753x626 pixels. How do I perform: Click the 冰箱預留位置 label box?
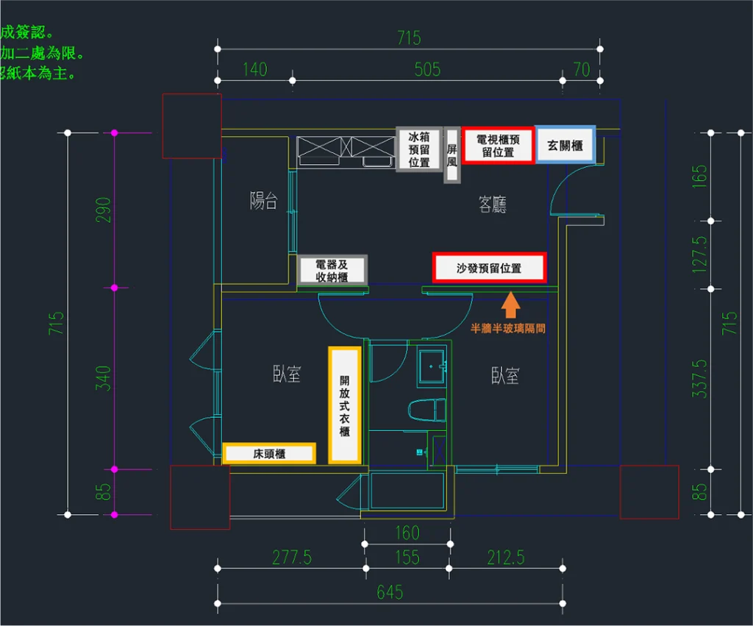419,149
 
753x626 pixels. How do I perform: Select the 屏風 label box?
452,154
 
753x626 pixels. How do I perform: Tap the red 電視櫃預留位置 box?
498,145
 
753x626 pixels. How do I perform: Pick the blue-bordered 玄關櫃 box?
564,145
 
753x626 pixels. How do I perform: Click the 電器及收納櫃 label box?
332,270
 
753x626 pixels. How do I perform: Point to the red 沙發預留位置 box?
489,268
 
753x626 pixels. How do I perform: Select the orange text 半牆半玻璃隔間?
508,329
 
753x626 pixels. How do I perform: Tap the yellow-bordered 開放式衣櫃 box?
344,405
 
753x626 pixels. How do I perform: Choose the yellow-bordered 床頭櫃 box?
269,454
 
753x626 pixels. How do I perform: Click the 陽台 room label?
263,201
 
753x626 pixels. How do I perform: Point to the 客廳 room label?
493,204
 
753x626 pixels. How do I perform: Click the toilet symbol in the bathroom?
427,410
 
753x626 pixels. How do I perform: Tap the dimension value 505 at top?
427,70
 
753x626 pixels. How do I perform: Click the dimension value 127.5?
701,254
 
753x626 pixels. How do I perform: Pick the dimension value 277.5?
292,558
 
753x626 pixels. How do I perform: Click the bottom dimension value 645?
390,592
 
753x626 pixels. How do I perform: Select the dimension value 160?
407,533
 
